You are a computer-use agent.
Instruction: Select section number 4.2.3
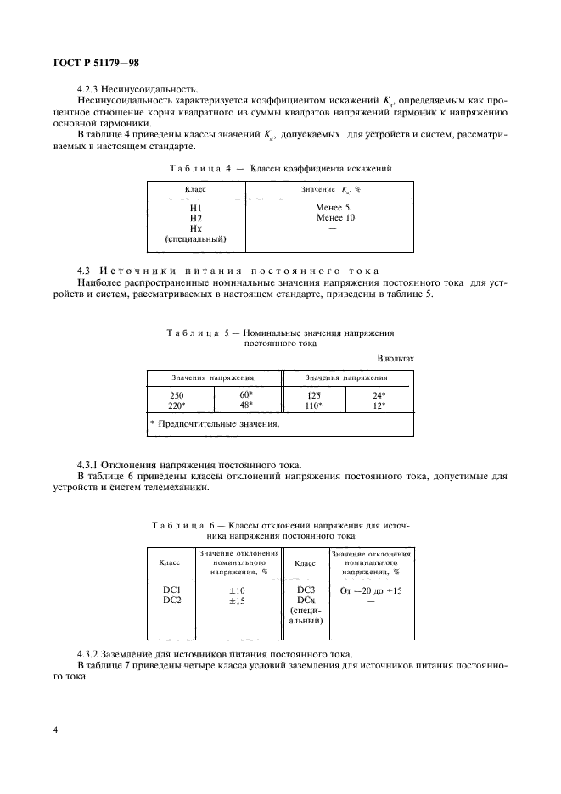89,88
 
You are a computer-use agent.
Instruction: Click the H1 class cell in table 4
195,207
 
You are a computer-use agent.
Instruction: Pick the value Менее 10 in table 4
335,218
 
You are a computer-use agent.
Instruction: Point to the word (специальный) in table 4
195,240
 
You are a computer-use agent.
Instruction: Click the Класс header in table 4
195,188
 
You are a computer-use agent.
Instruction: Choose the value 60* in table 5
246,394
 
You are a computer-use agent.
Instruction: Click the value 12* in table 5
379,405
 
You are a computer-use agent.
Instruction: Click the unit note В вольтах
395,358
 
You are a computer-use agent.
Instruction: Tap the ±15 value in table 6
236,601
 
